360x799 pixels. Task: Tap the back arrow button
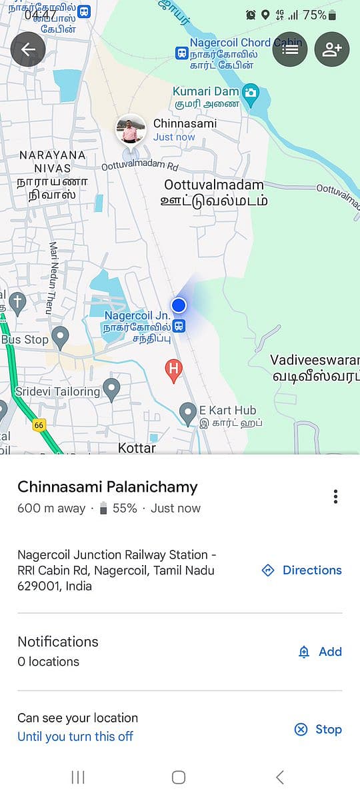[28, 49]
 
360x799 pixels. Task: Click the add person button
[332, 49]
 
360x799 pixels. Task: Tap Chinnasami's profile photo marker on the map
[131, 129]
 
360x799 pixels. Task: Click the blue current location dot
[178, 305]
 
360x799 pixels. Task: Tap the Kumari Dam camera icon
[251, 93]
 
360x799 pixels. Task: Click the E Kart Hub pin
[189, 412]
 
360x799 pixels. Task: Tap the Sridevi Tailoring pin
[111, 387]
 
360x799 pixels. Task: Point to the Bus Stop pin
[61, 337]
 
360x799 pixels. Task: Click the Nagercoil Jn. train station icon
[179, 326]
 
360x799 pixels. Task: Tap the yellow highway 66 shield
[39, 425]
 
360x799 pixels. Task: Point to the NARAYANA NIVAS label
[53, 161]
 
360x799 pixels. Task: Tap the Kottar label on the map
[137, 448]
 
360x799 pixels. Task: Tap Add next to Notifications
[320, 652]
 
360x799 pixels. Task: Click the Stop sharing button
[318, 729]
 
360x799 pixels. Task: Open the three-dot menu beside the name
[335, 496]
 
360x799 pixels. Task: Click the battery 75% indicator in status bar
[319, 15]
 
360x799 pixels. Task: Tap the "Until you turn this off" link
[75, 736]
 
